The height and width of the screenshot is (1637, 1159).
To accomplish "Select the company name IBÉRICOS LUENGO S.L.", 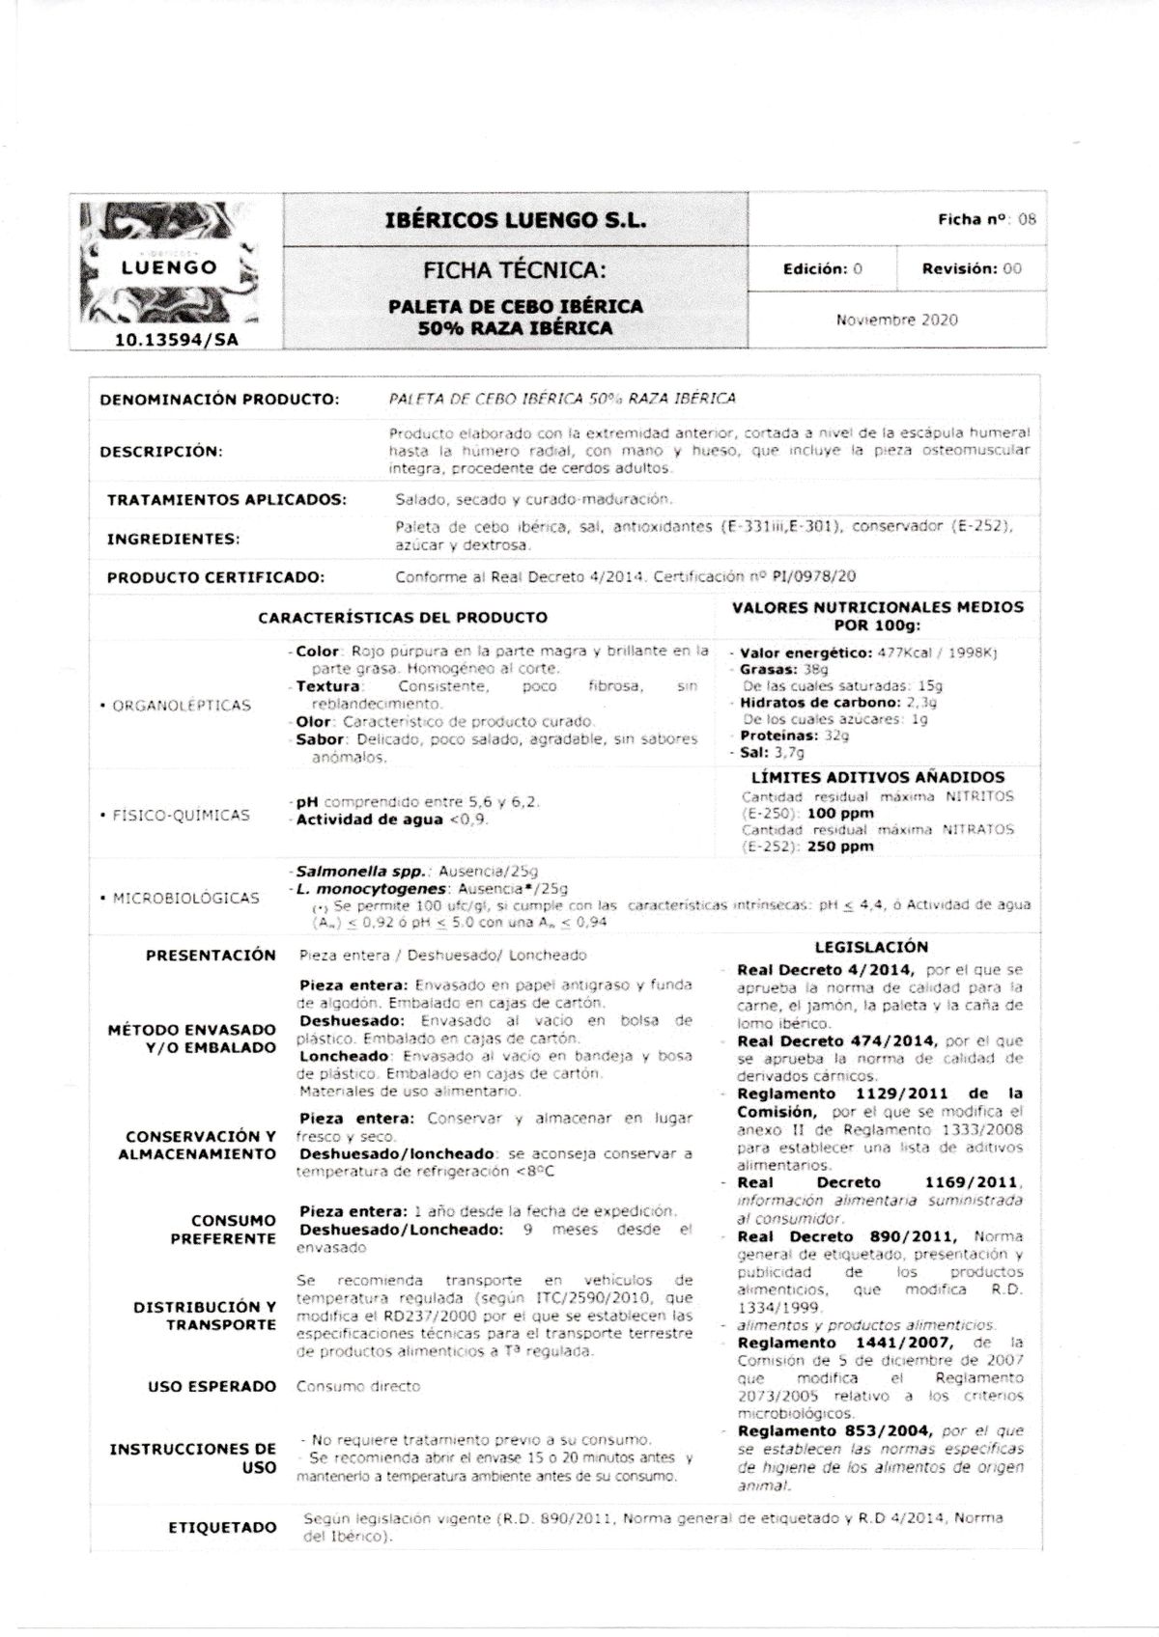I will (516, 220).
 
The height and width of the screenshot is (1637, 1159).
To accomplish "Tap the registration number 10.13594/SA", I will (176, 339).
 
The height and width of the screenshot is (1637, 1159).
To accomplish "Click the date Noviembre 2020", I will (896, 319).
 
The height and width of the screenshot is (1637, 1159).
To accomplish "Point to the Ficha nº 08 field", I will (986, 219).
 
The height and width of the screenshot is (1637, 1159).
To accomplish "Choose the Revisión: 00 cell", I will (971, 269).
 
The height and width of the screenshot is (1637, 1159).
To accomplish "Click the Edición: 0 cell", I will (822, 269).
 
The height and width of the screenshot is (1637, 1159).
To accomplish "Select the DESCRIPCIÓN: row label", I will (161, 451).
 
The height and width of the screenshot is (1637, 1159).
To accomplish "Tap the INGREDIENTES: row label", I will (174, 539).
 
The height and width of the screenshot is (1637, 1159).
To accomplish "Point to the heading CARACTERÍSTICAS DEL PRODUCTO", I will (403, 618).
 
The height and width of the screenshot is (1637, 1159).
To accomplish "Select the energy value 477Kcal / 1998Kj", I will (937, 652).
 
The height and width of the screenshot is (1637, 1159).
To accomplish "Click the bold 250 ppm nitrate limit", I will (840, 846).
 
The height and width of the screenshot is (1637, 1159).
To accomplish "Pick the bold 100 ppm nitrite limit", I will (840, 814).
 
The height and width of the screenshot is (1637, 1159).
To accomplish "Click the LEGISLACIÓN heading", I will (871, 948).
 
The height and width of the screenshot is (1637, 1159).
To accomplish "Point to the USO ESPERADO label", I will (212, 1387).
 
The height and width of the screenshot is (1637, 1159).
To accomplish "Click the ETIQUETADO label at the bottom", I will (222, 1528).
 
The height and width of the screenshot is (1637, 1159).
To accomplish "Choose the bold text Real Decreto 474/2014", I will (836, 1041).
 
